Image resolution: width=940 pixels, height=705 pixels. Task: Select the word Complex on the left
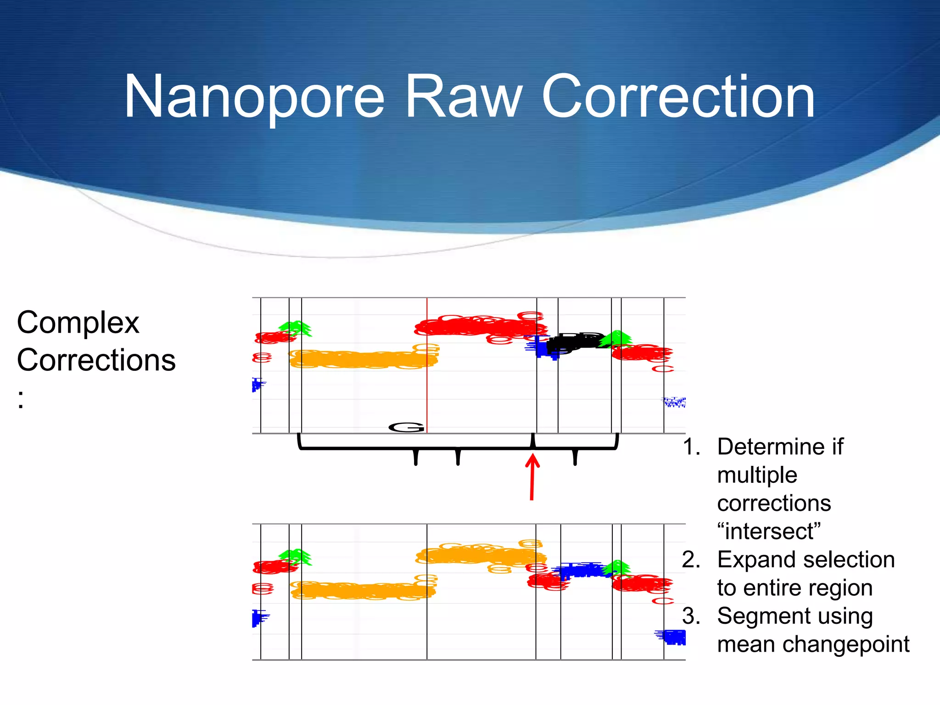tap(78, 323)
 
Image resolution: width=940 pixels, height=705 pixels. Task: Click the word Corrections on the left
tap(96, 360)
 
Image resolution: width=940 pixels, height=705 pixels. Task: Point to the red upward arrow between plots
tap(532, 477)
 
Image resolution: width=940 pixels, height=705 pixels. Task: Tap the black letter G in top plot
tap(406, 428)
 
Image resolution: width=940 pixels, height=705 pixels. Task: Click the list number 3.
tap(691, 616)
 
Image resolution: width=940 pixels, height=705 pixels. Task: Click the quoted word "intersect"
tap(769, 532)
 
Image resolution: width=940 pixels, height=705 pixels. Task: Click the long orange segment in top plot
tap(363, 359)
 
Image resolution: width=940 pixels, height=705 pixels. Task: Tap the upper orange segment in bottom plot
tap(480, 555)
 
